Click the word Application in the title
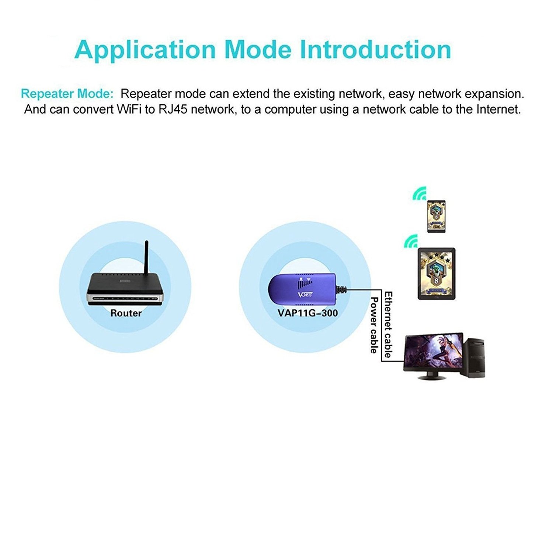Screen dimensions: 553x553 pos(145,50)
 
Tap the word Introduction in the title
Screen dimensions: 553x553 pos(376,50)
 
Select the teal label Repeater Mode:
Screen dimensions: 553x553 pos(67,94)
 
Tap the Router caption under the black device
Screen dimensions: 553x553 pos(126,313)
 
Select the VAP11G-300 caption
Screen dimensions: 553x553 pos(307,313)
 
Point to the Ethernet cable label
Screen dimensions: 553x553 pos(388,324)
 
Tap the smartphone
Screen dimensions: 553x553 pos(436,216)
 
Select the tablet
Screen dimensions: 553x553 pos(437,273)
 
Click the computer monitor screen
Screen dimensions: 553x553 pos(434,352)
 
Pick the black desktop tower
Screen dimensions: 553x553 pos(474,358)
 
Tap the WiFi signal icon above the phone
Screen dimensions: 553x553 pos(420,194)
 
